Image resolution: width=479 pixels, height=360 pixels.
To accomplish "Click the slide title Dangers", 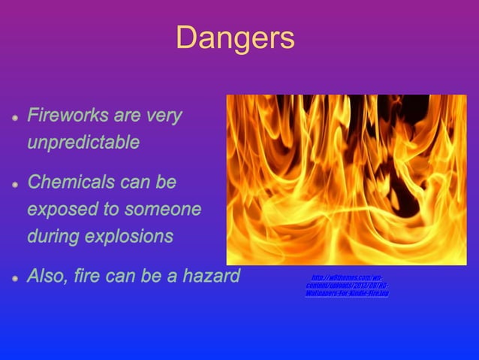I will click(x=235, y=39).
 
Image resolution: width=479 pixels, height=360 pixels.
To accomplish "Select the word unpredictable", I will click(x=83, y=142).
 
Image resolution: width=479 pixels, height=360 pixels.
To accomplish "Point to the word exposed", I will click(x=59, y=209).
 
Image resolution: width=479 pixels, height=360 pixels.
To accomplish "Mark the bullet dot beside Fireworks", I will click(x=15, y=118).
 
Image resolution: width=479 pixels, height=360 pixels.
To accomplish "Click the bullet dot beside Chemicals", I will click(x=15, y=183).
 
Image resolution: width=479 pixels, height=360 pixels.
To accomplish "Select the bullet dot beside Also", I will click(x=15, y=277).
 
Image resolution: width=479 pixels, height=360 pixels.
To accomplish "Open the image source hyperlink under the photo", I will click(x=347, y=286).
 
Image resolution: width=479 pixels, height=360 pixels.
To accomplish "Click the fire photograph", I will click(x=346, y=179).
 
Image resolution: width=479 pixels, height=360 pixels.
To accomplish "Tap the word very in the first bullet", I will click(x=164, y=116).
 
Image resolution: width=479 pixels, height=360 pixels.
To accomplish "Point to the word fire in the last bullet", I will click(x=94, y=276).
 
